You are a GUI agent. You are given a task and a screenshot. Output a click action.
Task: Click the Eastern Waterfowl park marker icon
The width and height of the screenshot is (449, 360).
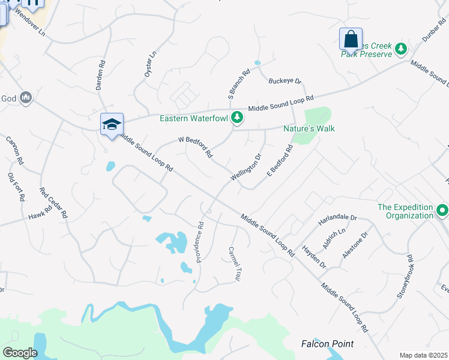[238, 118]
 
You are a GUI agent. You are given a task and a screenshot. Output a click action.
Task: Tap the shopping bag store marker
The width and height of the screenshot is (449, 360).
[351, 40]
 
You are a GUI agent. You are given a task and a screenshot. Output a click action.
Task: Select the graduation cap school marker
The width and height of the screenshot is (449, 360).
[112, 125]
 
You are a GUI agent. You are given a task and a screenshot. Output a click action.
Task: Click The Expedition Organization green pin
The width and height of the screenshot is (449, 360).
[442, 211]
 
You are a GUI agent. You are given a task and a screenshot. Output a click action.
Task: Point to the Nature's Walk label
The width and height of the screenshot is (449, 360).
[309, 128]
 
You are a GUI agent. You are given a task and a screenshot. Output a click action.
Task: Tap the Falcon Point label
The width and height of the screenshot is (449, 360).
[327, 344]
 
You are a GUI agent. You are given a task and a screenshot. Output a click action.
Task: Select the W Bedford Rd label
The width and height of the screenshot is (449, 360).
[195, 147]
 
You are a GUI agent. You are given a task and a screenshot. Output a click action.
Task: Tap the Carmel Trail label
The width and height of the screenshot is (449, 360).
[234, 265]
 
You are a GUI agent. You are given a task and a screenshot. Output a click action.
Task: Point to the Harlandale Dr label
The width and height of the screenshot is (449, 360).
[337, 220]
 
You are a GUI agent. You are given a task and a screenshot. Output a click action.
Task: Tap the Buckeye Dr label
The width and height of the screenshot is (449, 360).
[285, 81]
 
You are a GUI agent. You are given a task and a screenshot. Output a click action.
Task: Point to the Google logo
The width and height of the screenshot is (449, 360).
[20, 353]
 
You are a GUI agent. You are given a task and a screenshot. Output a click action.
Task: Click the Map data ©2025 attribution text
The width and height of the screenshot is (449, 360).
[423, 355]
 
